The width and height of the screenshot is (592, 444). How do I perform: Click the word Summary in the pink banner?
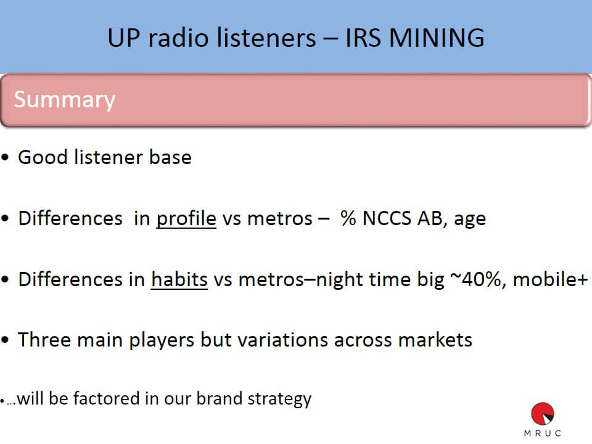[65, 100]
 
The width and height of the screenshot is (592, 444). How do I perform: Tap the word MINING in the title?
[437, 38]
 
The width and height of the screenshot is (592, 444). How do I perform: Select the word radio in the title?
[178, 38]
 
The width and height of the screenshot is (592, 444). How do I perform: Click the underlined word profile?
[186, 218]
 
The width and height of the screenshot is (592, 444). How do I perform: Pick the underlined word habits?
[179, 279]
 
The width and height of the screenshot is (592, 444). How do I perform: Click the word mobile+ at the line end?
[551, 280]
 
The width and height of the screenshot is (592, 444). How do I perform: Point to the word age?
[470, 220]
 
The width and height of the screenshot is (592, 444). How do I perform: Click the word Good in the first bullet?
[43, 157]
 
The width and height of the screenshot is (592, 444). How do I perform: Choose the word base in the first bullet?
[170, 157]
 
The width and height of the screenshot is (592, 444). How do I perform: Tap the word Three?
[44, 340]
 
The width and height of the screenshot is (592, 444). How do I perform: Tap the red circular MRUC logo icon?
[543, 413]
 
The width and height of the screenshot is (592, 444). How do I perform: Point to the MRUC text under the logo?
[543, 434]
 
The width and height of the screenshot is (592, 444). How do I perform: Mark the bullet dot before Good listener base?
[6, 157]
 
